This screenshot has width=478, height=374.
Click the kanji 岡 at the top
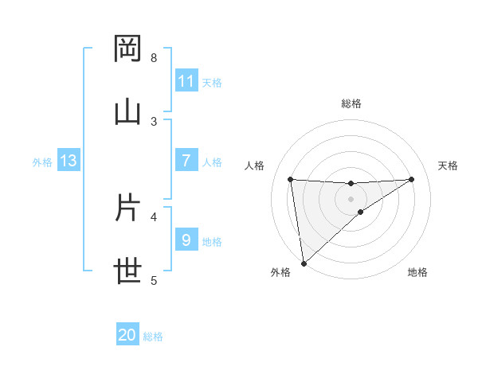128,49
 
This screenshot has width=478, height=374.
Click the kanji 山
128,111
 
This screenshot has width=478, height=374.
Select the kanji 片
128,208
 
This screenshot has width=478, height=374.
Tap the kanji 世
128,271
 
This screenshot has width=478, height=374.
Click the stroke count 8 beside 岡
154,58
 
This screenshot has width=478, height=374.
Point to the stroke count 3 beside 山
154,121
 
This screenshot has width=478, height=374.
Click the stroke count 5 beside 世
154,280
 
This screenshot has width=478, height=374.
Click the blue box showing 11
186,80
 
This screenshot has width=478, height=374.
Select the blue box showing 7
186,161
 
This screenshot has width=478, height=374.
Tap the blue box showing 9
186,240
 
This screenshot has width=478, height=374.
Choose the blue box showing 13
69,161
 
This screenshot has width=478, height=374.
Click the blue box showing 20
127,335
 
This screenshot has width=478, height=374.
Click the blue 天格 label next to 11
212,82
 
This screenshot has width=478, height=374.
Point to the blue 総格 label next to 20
153,337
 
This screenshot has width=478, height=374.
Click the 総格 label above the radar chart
351,103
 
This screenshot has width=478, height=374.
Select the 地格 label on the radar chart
417,273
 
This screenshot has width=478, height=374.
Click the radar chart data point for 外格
304,263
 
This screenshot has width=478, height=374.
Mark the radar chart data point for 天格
412,179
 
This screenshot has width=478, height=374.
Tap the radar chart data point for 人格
291,179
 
